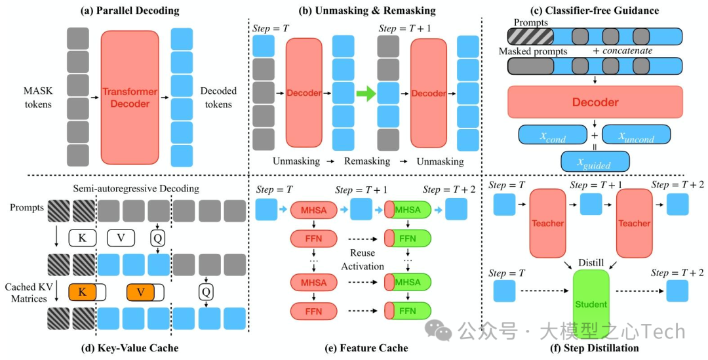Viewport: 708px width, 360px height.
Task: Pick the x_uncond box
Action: pos(636,135)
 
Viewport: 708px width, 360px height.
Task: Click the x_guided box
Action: pos(594,161)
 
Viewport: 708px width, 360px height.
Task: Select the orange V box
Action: pos(139,290)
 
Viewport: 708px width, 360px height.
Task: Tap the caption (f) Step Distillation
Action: pos(595,348)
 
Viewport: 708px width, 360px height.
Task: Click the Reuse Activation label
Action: pos(362,259)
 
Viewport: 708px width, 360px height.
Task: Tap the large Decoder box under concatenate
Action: pos(595,102)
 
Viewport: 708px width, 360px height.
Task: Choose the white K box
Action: pos(81,237)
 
